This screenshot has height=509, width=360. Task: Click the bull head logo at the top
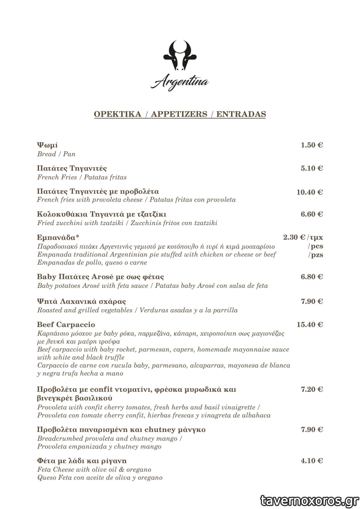tap(180, 56)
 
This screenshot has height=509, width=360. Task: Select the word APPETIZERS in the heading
tap(179, 114)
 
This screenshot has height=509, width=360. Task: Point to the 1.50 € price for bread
tap(312, 145)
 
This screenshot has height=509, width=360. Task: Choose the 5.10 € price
tap(312, 168)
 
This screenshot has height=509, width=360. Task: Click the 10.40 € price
tap(309, 192)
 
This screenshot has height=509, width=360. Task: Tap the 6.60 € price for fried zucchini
tap(312, 214)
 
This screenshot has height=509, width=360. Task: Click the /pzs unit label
tap(315, 255)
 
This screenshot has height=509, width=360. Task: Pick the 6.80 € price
tap(312, 277)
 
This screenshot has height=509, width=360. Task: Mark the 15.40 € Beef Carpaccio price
tap(309, 325)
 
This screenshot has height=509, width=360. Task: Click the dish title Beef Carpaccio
tap(66, 325)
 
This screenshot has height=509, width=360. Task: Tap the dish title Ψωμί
tap(47, 145)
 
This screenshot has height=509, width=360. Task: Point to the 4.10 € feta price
tap(312, 461)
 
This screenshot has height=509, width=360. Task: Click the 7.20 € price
tap(312, 389)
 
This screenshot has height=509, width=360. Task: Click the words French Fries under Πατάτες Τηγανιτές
tap(57, 177)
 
